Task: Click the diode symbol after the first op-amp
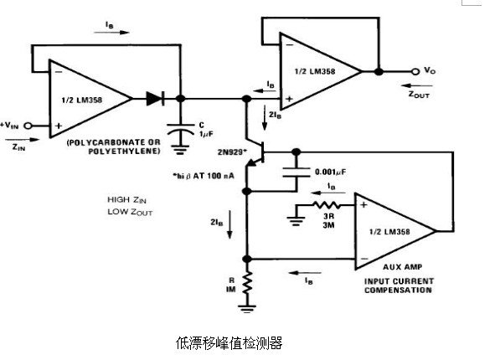tap(153, 99)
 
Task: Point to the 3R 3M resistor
tap(325, 203)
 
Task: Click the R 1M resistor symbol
tap(248, 285)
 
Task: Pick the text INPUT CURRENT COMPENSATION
tap(399, 285)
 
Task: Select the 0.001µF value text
tap(329, 173)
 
